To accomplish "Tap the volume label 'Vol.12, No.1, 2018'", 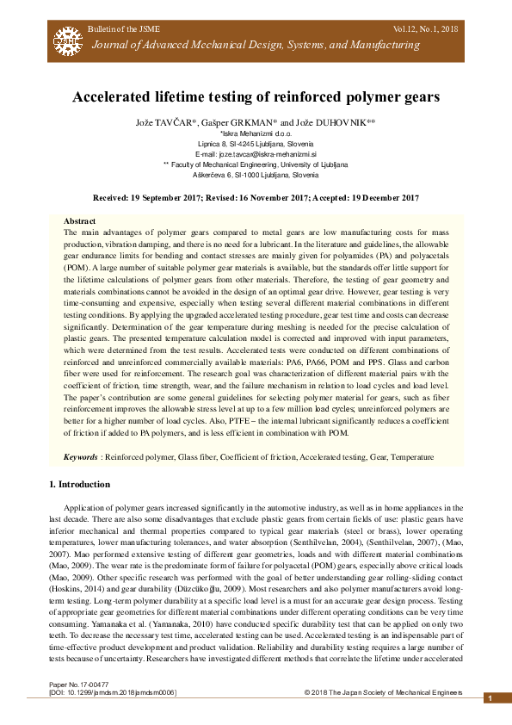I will click(425, 30).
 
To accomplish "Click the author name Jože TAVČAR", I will click(164, 123).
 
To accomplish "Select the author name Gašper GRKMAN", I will click(247, 123).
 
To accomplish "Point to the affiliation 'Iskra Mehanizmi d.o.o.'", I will click(256, 134).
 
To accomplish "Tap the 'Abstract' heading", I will click(80, 221).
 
